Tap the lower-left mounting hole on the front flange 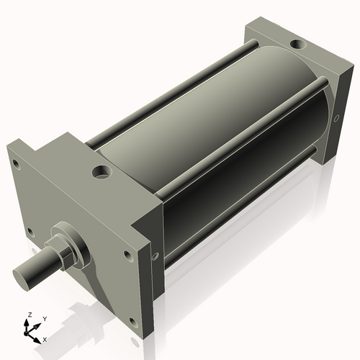coord(30,232)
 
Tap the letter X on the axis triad coord(45,338)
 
